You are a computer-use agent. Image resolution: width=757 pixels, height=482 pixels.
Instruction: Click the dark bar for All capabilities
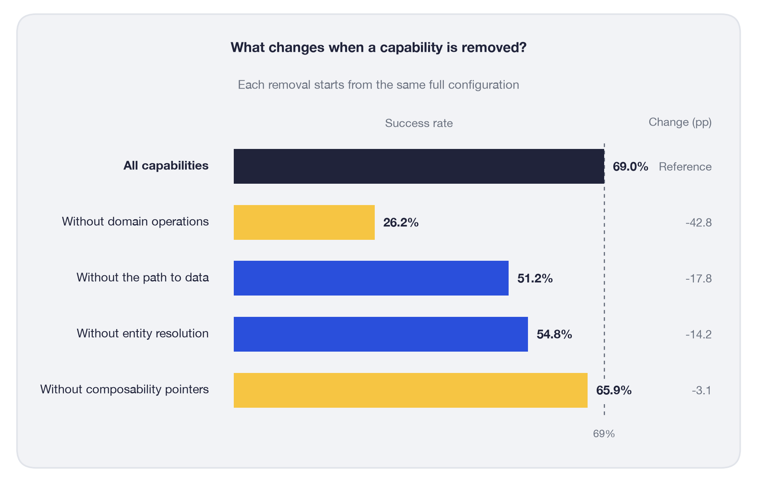tap(419, 166)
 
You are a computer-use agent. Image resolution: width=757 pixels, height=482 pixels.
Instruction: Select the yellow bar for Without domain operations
tap(304, 222)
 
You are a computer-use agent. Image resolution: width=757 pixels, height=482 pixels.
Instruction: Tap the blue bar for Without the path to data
tap(371, 278)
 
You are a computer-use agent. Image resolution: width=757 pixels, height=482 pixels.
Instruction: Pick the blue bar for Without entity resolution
tap(381, 334)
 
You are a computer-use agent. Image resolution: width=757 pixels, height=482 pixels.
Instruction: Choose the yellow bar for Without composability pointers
tap(411, 390)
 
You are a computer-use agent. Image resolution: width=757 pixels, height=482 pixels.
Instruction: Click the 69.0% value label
tap(630, 167)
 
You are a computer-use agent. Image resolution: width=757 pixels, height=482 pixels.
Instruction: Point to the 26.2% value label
tap(401, 223)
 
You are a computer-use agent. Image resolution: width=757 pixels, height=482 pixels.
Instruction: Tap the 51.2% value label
tap(535, 279)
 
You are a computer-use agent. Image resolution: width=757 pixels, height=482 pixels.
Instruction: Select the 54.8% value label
tap(554, 335)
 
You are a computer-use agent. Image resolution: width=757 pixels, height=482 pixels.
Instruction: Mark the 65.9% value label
tap(614, 390)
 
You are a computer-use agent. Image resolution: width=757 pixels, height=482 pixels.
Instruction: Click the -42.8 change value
tap(699, 223)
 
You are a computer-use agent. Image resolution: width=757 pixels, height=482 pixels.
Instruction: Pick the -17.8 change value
tap(699, 279)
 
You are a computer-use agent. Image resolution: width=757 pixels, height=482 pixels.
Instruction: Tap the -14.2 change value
tap(699, 335)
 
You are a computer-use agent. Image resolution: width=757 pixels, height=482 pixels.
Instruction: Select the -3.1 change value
tap(701, 391)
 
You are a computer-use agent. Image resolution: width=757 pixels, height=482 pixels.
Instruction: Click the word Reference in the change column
tap(685, 167)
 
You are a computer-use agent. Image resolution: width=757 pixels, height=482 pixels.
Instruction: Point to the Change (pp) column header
tap(680, 122)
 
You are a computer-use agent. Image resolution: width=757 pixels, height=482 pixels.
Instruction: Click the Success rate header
tap(419, 123)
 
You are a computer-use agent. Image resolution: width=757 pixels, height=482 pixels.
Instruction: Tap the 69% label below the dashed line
tap(604, 434)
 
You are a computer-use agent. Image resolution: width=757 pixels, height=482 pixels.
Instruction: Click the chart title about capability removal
tap(379, 47)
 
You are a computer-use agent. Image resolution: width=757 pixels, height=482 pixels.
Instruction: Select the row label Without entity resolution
tap(143, 333)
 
